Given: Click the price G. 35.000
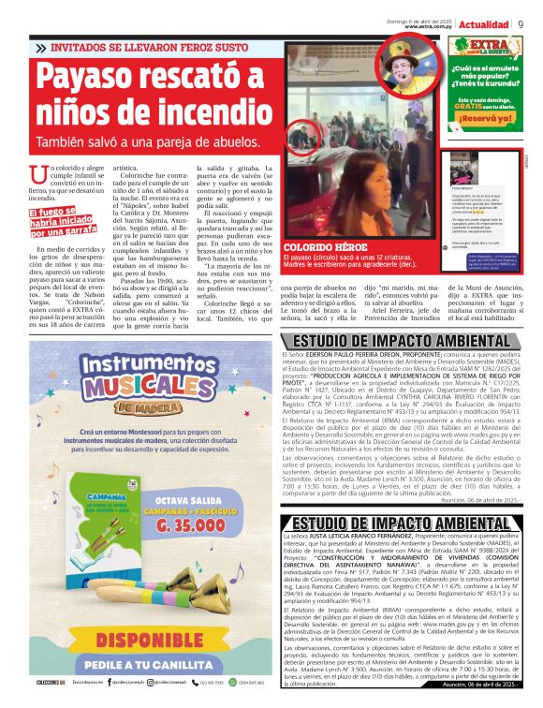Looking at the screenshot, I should [206, 556].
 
